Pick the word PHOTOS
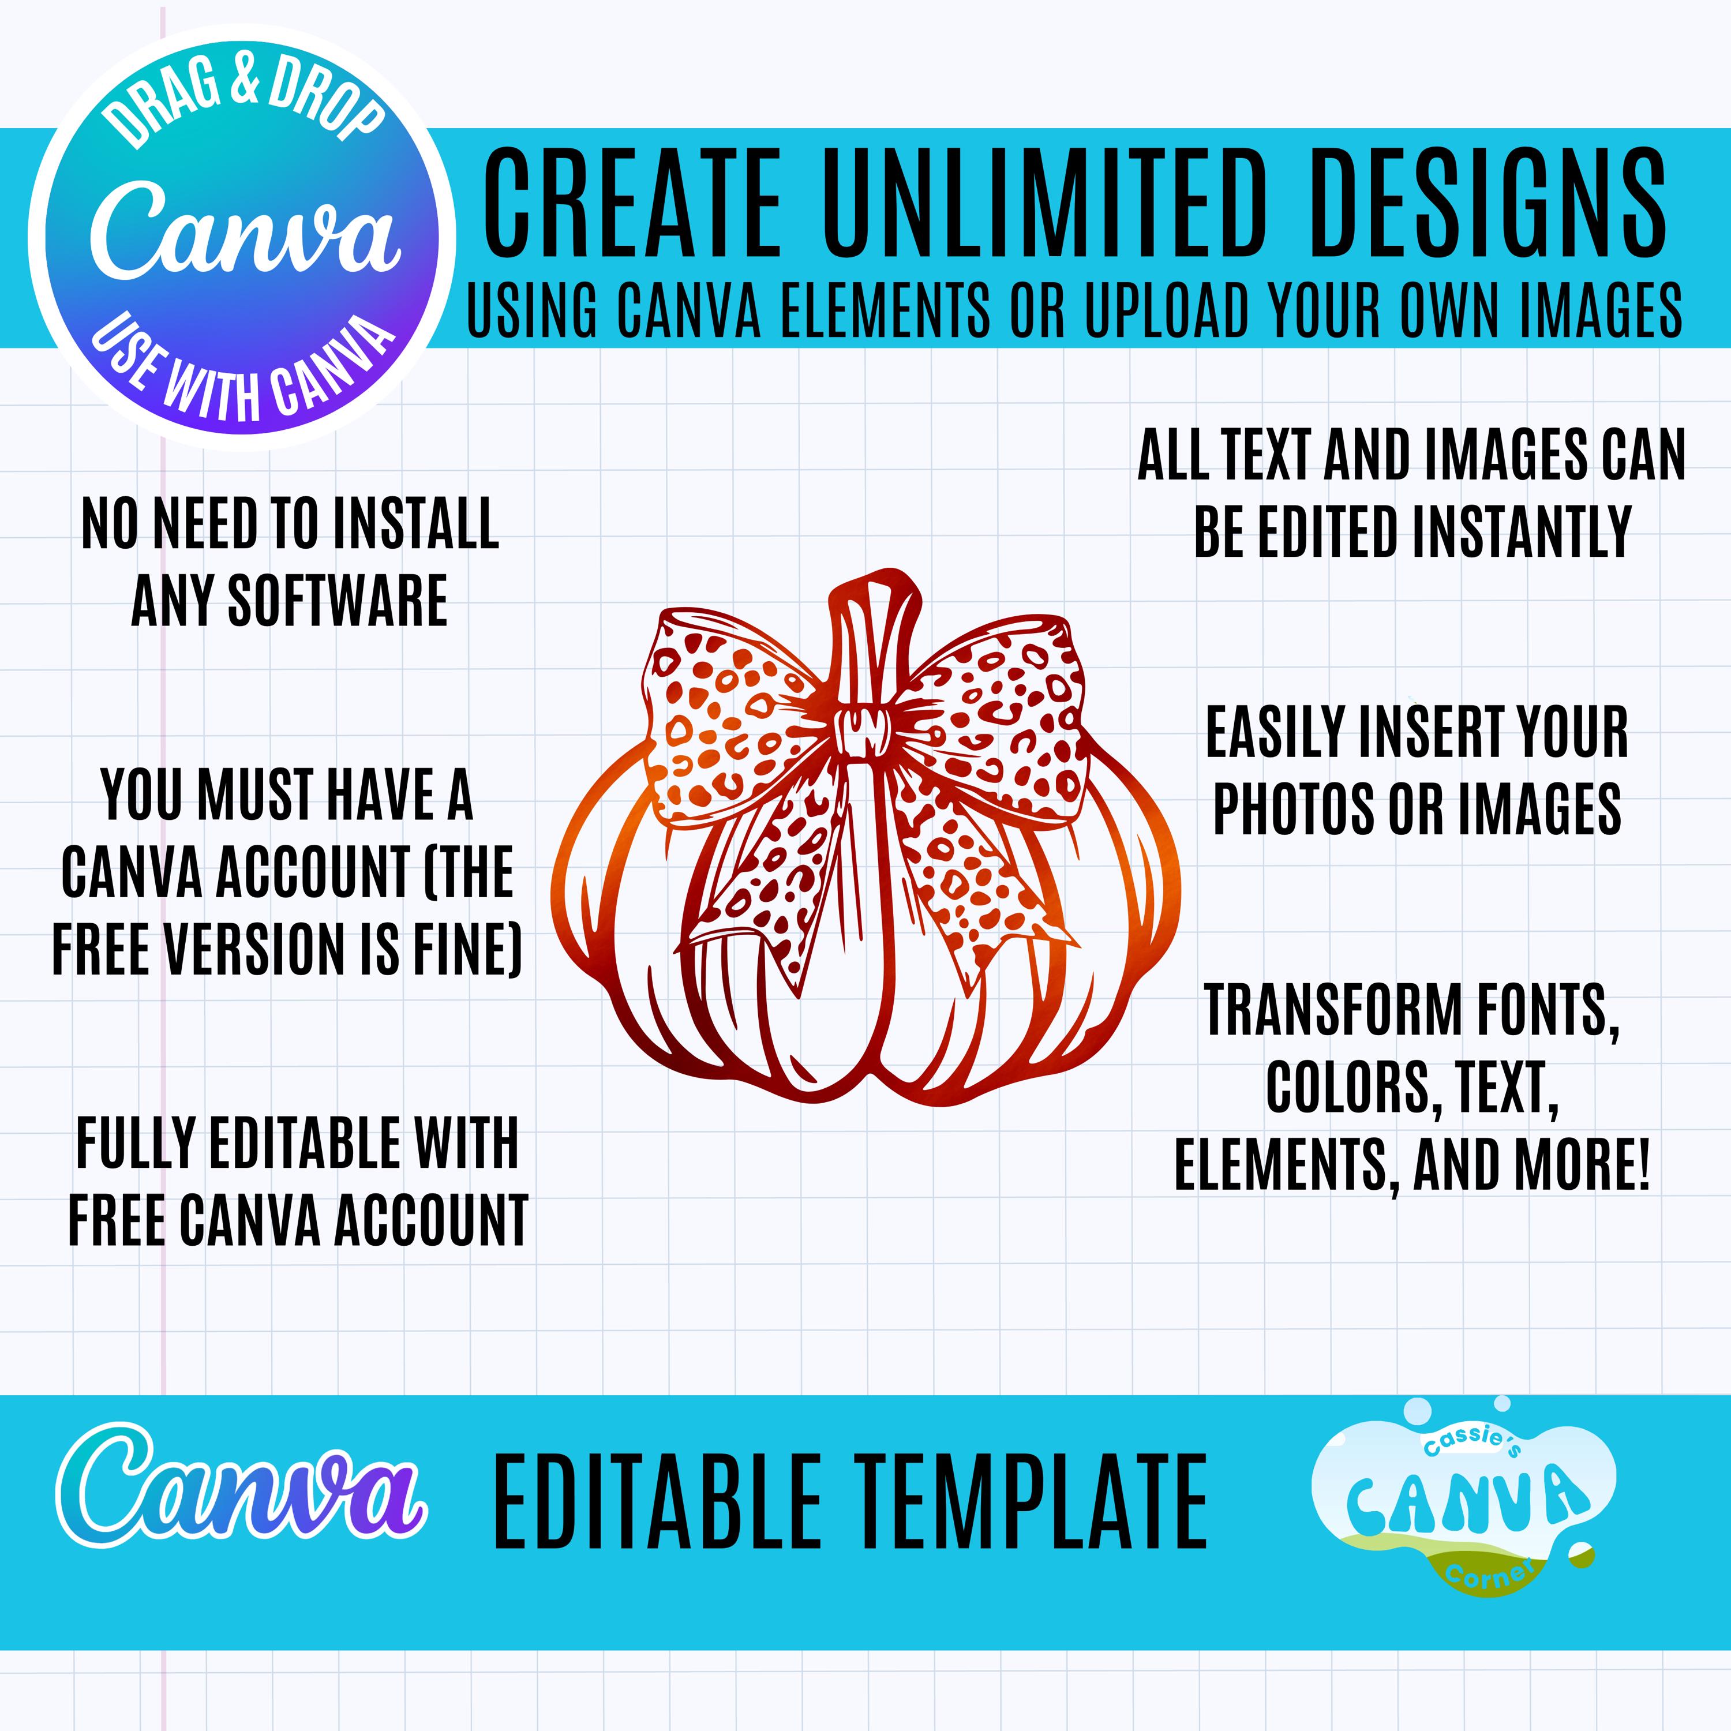(x=1294, y=808)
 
